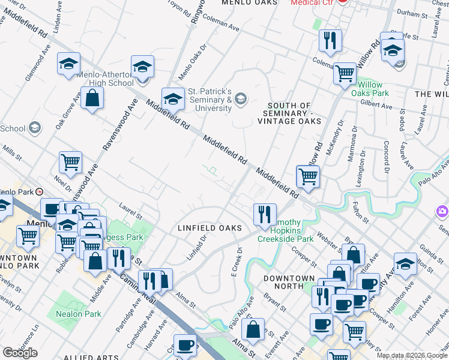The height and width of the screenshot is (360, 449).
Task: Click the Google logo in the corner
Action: tap(20, 353)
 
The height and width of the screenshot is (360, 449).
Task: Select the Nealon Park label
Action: tap(78, 314)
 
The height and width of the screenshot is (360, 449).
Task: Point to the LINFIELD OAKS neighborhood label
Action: tap(209, 228)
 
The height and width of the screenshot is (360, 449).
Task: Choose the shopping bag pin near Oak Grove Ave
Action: tap(92, 99)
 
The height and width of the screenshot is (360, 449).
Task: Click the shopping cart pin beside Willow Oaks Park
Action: tap(345, 74)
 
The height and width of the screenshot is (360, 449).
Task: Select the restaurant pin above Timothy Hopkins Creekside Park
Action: tap(264, 214)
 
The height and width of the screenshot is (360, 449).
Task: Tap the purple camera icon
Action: tap(442, 211)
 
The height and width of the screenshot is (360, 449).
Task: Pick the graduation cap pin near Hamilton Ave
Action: tap(405, 263)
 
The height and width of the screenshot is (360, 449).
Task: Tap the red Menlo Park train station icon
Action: tap(39, 192)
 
